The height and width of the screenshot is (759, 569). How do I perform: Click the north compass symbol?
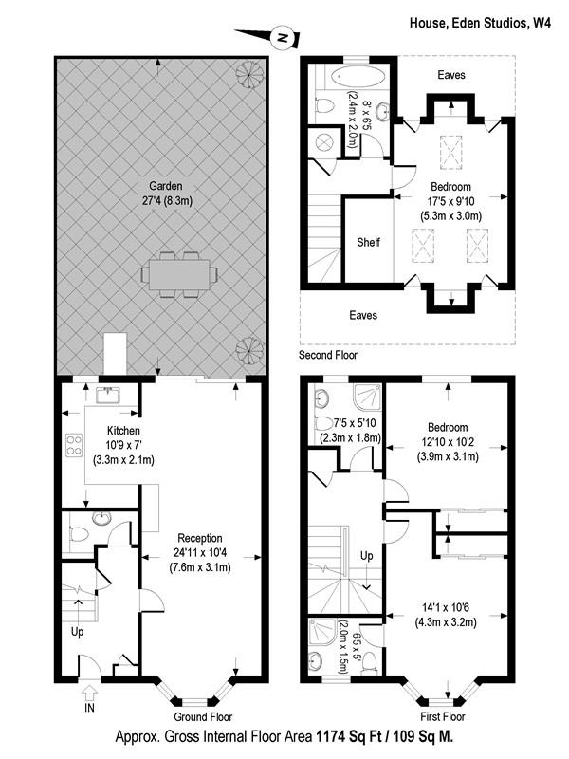282,39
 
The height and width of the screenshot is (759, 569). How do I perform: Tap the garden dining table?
178,273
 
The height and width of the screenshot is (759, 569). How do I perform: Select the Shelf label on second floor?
368,242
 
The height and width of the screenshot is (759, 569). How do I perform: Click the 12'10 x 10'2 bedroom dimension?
447,442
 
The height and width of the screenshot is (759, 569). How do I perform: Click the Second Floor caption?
330,356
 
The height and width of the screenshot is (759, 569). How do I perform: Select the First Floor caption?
445,717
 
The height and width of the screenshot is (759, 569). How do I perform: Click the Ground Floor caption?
203,717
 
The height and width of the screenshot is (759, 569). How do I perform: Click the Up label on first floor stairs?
366,555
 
